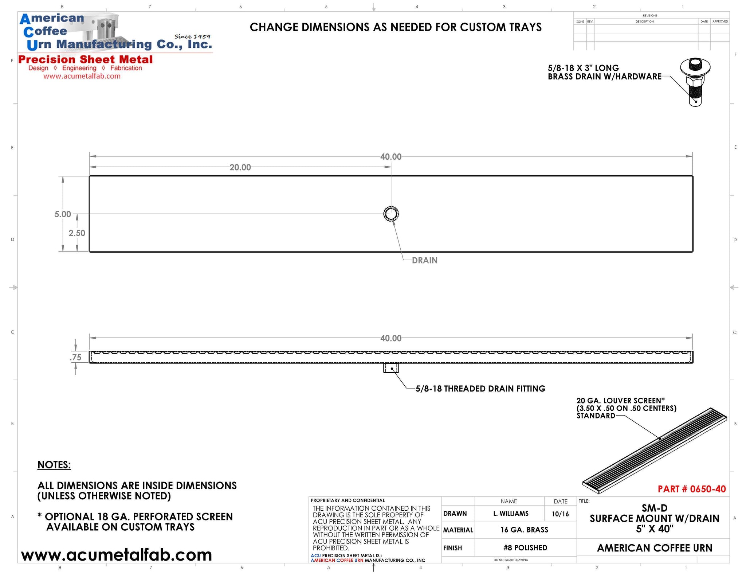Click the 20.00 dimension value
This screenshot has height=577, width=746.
pos(240,167)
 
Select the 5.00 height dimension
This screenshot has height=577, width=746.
pos(63,214)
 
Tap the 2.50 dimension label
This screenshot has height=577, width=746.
pos(77,233)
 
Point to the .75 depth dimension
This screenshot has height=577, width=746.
pos(75,357)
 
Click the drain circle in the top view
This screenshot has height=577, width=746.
pos(391,214)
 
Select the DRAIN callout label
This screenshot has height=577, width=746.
pos(424,260)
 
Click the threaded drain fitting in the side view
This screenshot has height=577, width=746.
pos(391,368)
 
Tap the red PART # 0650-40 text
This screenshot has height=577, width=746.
pos(691,489)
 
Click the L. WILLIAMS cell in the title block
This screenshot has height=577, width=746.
pos(511,514)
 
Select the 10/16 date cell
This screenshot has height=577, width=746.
pos(560,514)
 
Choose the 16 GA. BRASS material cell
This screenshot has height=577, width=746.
pos(524,530)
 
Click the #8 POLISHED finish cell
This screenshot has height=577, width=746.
pos(525,547)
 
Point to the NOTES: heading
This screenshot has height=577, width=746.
pos(54,465)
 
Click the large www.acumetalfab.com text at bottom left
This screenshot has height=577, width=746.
pos(117,555)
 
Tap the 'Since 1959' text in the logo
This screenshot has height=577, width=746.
pos(192,36)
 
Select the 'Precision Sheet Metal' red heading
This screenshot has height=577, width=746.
pos(86,59)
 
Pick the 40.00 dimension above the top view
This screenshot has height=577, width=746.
pos(391,157)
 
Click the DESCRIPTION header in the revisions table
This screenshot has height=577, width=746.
pos(645,22)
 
